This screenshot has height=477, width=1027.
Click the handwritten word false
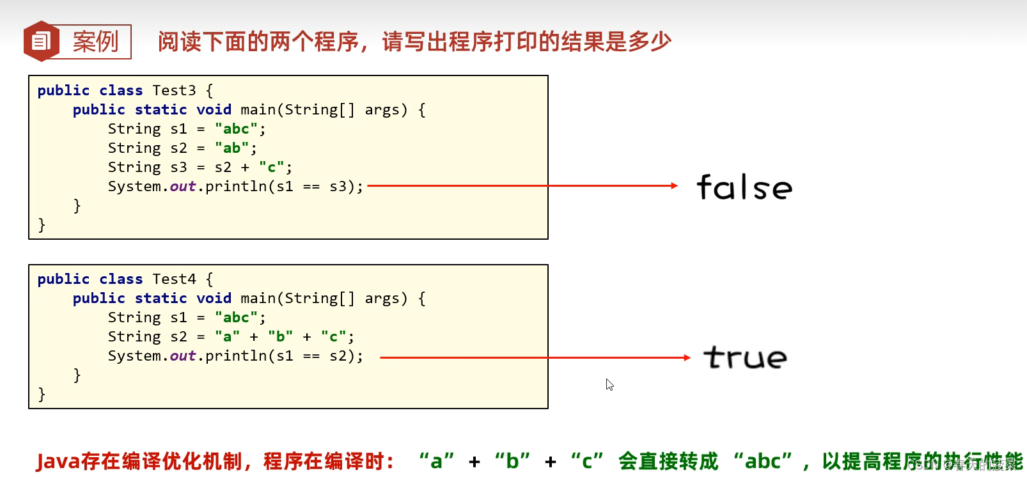[744, 187]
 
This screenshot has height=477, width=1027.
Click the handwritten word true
[745, 357]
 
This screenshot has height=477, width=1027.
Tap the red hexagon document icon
[41, 42]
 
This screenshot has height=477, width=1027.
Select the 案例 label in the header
[95, 42]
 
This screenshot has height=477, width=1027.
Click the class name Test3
[174, 91]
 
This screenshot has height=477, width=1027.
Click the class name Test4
[174, 279]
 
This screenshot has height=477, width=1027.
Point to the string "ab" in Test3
[231, 148]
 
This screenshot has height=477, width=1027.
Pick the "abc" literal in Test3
[236, 129]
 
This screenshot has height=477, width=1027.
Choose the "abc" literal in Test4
[236, 318]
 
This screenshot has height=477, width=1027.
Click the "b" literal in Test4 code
[281, 337]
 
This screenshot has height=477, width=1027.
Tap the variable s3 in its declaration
[178, 168]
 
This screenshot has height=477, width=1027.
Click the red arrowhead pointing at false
[674, 186]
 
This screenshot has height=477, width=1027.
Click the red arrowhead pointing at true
[687, 357]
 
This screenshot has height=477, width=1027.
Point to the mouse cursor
[609, 384]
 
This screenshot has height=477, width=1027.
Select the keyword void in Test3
[214, 110]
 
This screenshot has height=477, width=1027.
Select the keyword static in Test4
[161, 299]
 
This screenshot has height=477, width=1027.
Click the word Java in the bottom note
[58, 461]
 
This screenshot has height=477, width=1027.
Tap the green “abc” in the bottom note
[763, 461]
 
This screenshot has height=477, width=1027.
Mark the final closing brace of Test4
[42, 395]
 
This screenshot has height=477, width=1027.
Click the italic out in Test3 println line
[182, 187]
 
